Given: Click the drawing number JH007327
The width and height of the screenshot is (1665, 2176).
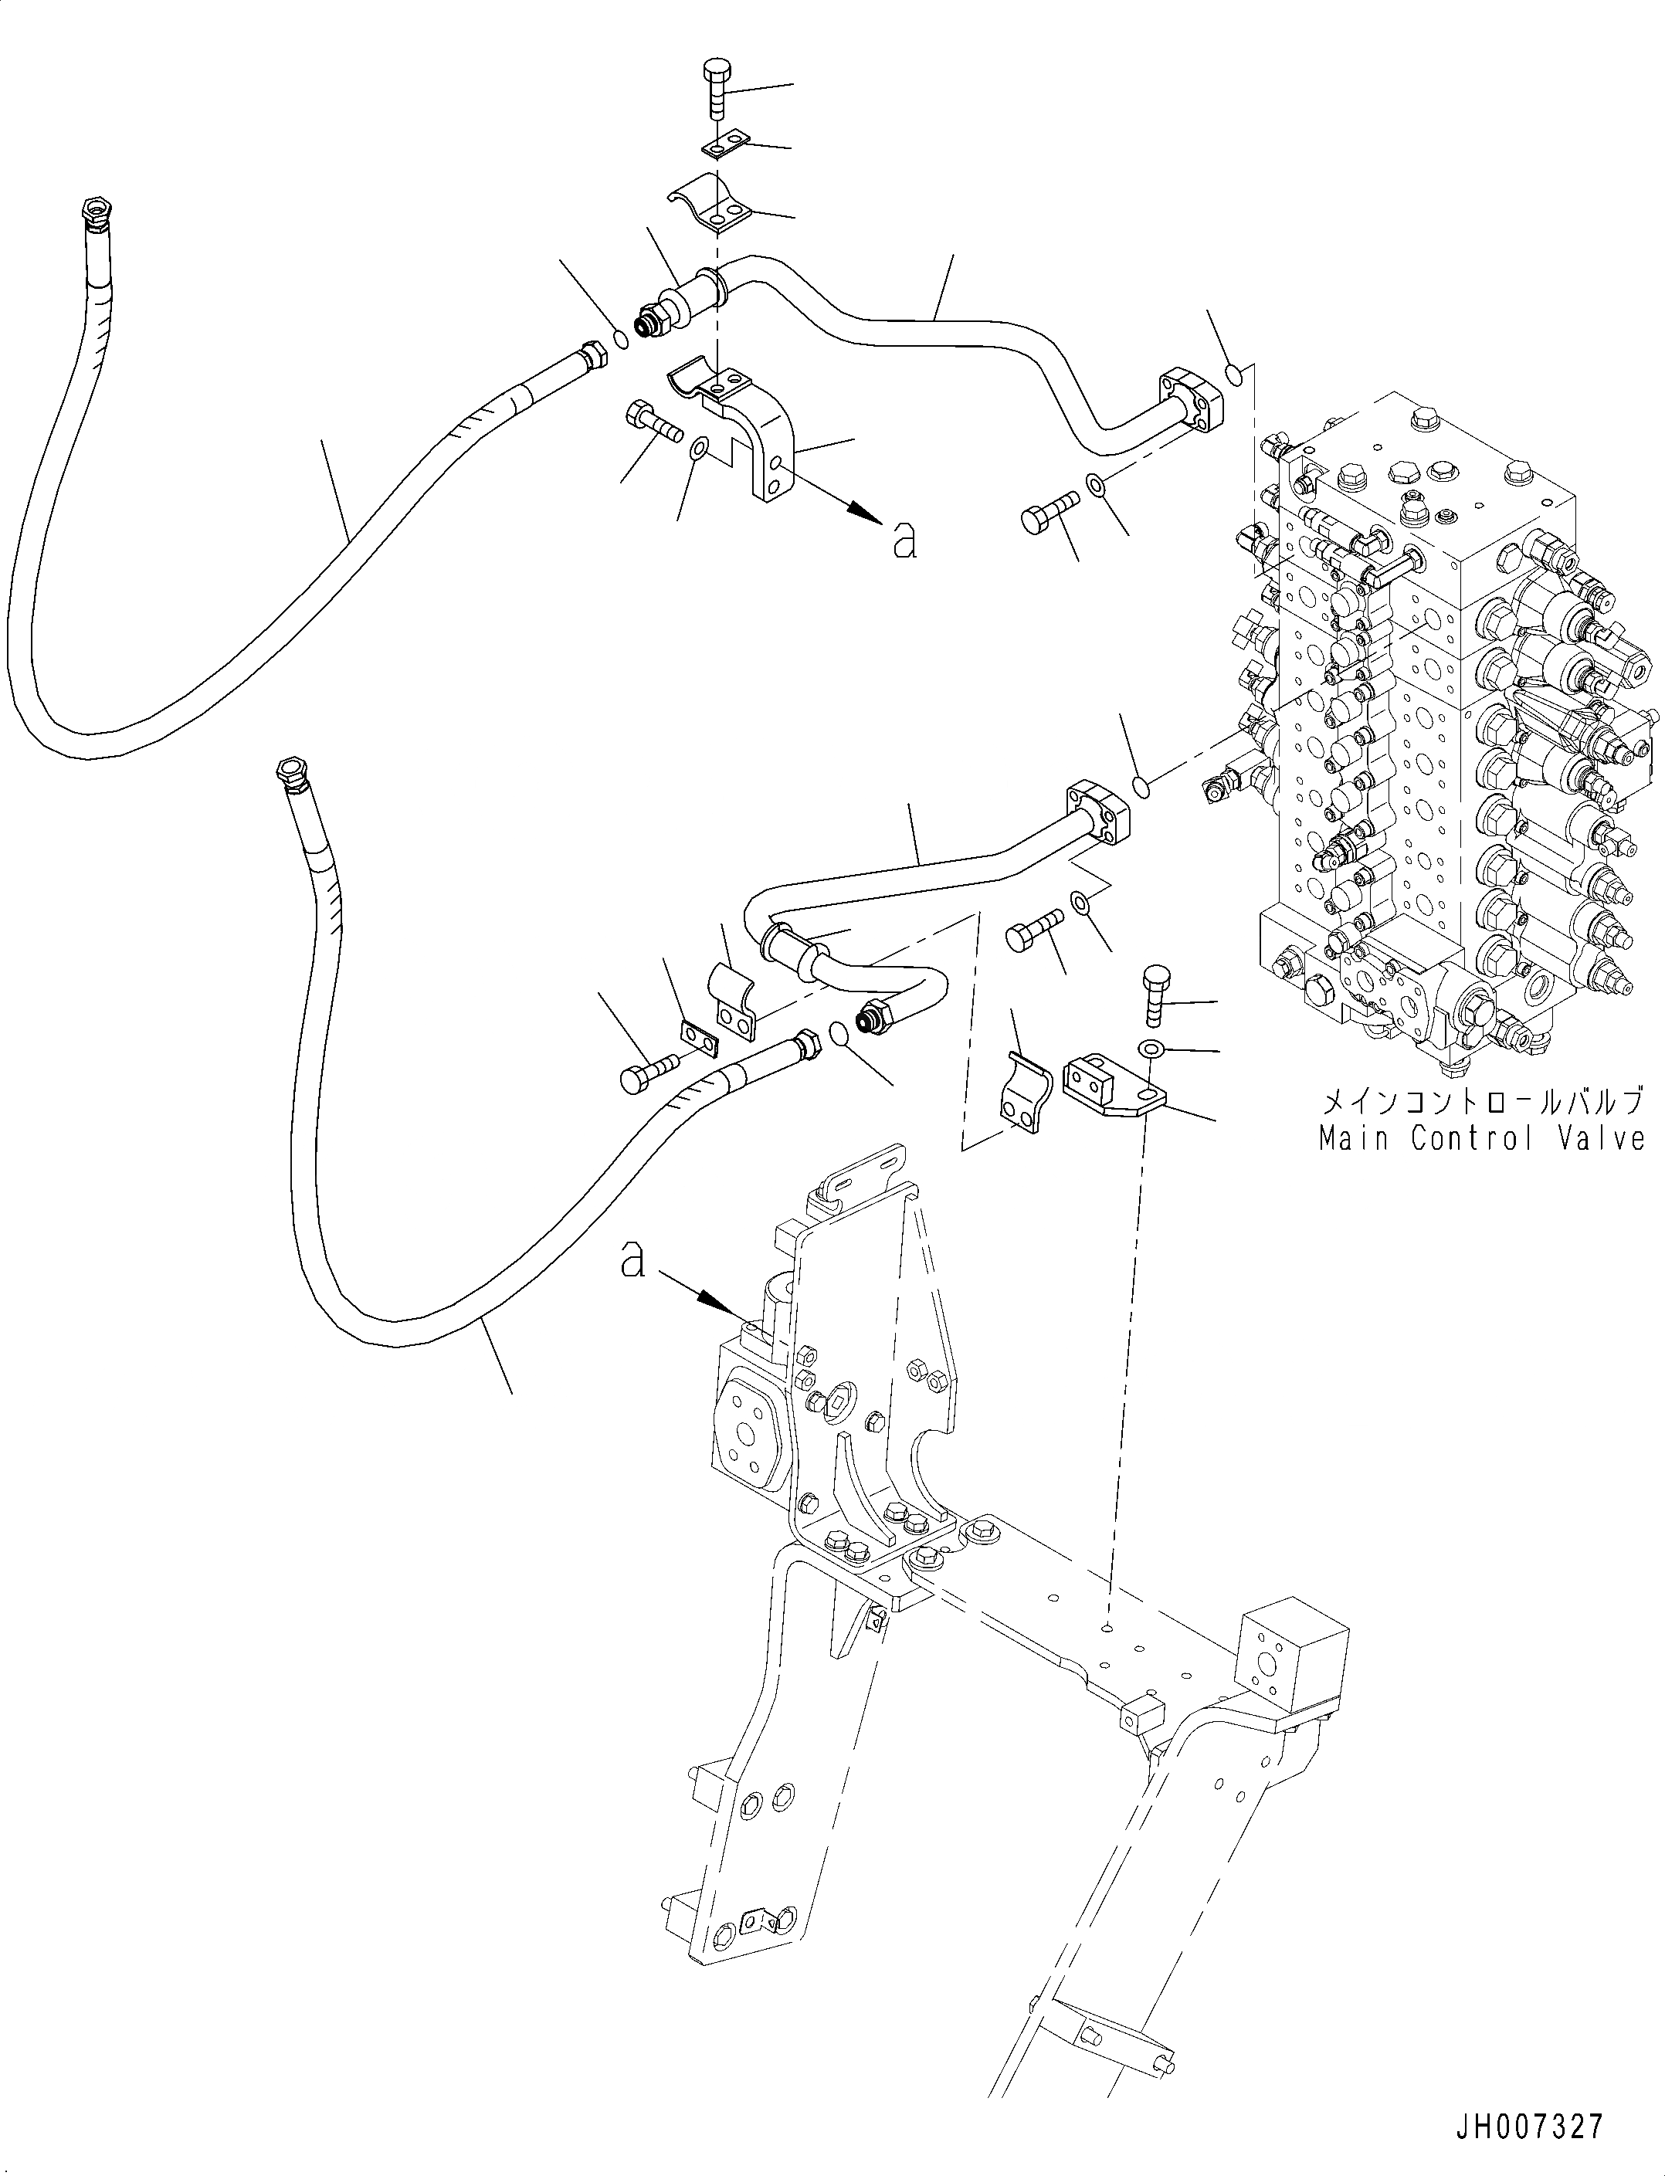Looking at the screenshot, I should [1530, 2127].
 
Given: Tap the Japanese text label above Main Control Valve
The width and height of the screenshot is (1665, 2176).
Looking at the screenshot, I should [1480, 1101].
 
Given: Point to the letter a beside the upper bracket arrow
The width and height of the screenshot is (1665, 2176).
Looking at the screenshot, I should [904, 540].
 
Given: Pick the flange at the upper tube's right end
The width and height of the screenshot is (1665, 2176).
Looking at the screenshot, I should [1189, 396].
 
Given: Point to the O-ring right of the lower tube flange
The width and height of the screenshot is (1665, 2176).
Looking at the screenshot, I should [1141, 787].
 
